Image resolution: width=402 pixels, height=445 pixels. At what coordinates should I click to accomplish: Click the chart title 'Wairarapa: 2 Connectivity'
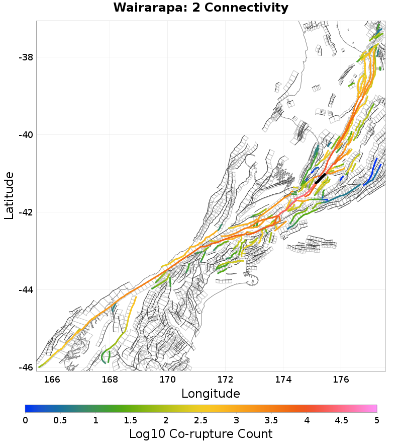(x=201, y=8)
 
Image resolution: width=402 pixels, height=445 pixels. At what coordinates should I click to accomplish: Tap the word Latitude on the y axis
(x=9, y=195)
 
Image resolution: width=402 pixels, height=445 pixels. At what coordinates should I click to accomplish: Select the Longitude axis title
(x=211, y=393)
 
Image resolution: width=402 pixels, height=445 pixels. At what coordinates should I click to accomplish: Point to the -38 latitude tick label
(x=26, y=57)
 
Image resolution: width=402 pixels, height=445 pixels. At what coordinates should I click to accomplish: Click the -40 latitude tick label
(x=26, y=135)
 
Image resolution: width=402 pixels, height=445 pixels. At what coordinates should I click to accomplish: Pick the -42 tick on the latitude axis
(x=26, y=212)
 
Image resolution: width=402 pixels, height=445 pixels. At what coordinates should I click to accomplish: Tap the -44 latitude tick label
(x=26, y=290)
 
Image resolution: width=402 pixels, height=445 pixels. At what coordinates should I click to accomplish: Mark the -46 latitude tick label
(x=26, y=367)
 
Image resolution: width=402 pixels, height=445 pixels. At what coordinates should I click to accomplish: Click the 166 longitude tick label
(x=52, y=379)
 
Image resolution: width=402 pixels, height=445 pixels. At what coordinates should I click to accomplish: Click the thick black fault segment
(x=320, y=179)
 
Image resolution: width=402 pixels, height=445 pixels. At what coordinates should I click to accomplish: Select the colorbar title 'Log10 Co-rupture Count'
(x=201, y=434)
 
